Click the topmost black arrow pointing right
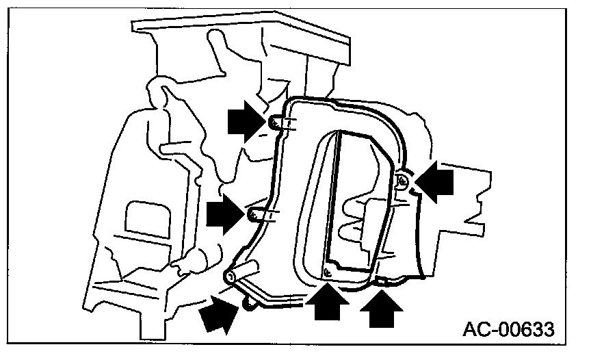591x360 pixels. [x=244, y=121]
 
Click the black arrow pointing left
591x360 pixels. [x=436, y=183]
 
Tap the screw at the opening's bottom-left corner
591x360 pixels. [x=327, y=272]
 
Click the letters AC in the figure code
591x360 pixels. [x=479, y=331]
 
